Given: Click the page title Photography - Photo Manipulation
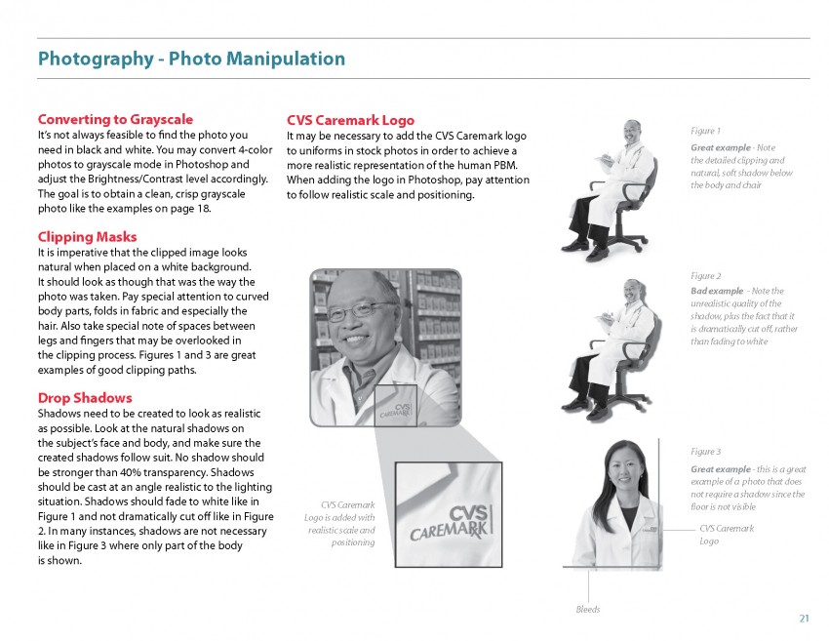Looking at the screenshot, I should [x=190, y=59].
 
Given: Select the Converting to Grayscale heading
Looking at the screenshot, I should [x=115, y=119].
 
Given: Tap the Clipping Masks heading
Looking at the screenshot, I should [x=87, y=236].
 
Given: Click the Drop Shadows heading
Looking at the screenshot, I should [x=84, y=398].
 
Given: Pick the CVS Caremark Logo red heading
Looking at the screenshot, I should [x=350, y=120].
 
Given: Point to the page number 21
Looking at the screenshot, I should [x=804, y=618].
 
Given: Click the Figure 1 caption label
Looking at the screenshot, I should [x=705, y=131].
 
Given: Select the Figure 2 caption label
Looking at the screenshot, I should [x=705, y=276].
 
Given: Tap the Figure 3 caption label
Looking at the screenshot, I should [x=705, y=452].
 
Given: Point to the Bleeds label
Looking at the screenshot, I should [x=587, y=610].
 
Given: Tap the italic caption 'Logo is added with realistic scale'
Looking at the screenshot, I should [x=339, y=517].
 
